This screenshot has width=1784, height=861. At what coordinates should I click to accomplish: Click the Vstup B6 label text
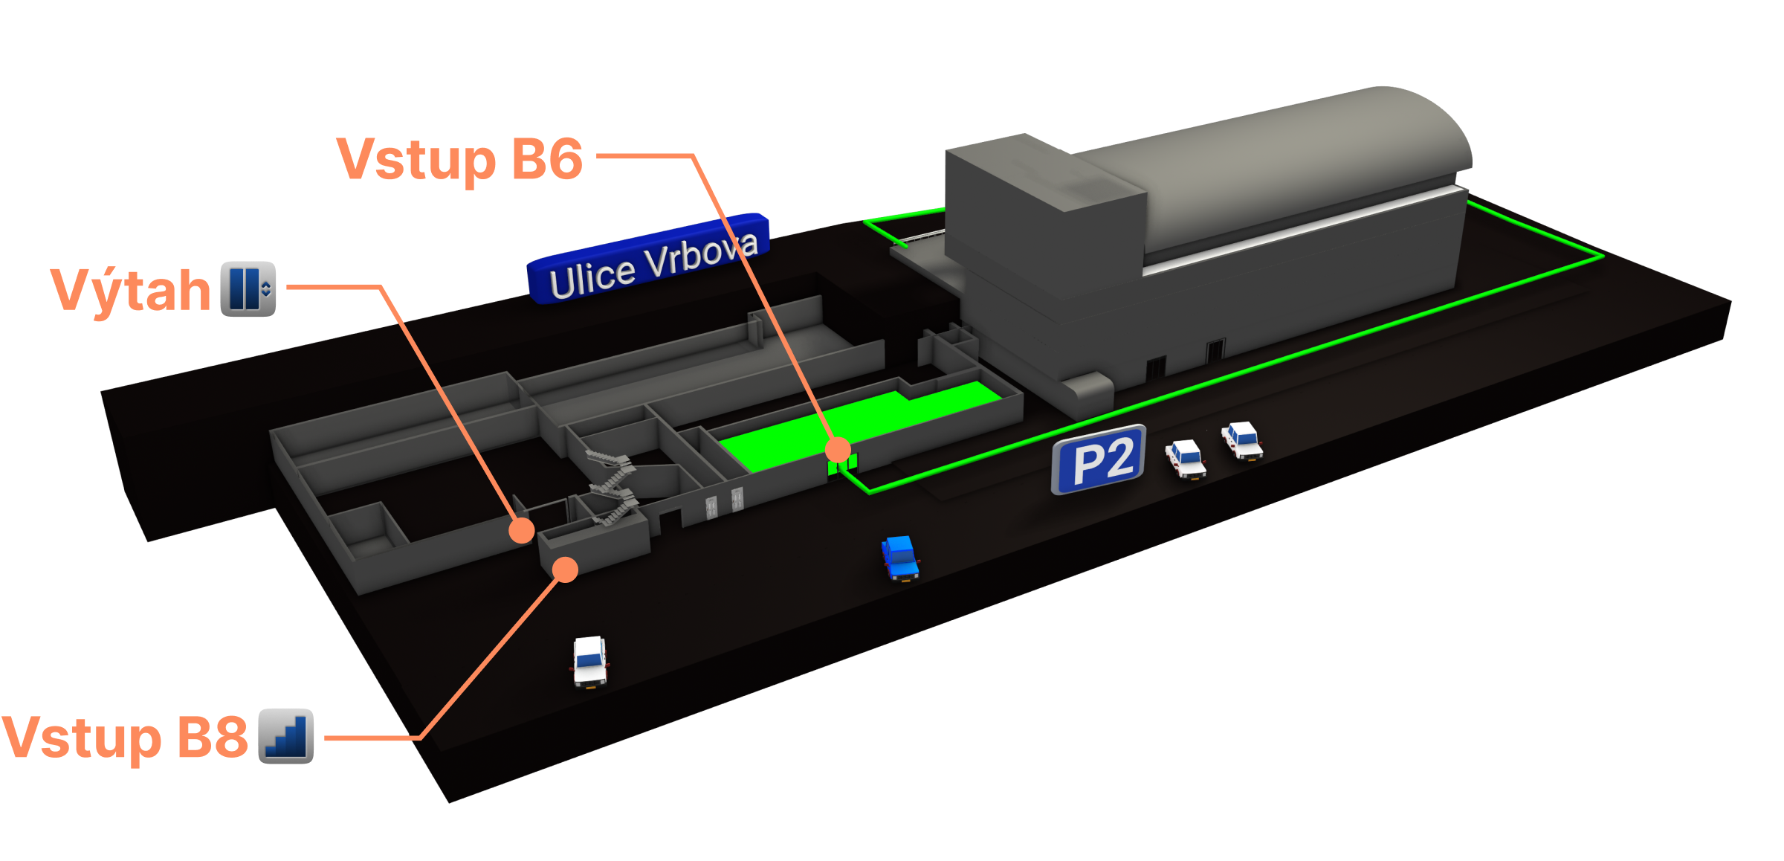click(459, 159)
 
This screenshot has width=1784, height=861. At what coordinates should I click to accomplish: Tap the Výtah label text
click(131, 290)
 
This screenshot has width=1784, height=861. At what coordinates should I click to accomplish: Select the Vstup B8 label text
click(125, 738)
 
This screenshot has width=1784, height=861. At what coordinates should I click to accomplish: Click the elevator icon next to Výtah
click(248, 289)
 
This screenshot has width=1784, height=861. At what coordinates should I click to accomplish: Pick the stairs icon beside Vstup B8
click(286, 736)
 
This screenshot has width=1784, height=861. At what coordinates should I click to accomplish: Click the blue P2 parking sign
click(1099, 459)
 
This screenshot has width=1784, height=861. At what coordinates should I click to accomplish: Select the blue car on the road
click(900, 557)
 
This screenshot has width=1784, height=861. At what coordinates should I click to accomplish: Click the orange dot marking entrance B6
click(838, 449)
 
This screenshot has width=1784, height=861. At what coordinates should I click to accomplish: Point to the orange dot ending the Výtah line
click(521, 530)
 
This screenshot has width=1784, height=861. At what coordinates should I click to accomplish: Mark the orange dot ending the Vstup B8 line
click(565, 570)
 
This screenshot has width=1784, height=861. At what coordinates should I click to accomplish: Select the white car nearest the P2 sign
click(1185, 458)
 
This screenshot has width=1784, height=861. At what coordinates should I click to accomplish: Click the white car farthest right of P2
click(1242, 440)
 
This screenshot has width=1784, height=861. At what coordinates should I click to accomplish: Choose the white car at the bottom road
click(590, 661)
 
